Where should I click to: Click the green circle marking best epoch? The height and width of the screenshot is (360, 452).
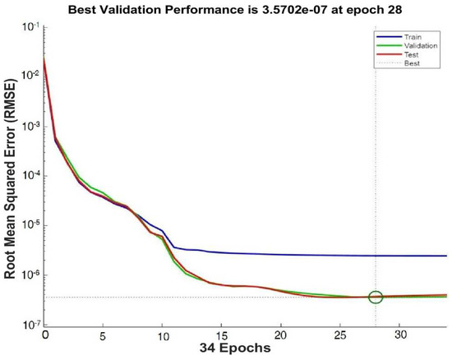376,297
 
